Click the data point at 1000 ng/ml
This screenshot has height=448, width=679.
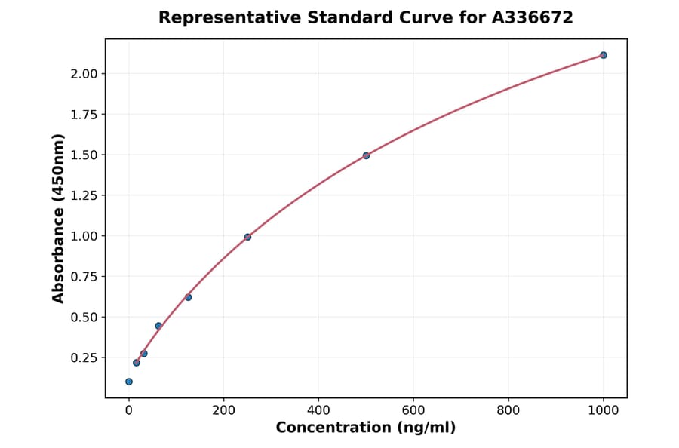[x=604, y=55]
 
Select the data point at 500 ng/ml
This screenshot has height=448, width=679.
[x=366, y=155]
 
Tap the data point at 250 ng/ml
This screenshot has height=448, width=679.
[x=247, y=237]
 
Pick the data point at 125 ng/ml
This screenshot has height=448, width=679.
[x=188, y=297]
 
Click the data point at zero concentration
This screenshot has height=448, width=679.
[x=129, y=382]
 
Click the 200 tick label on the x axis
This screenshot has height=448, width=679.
[x=223, y=411]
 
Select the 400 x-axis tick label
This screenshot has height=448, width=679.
[x=318, y=411]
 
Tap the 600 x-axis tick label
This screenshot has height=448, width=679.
[x=413, y=411]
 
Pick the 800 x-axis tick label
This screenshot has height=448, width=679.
[x=508, y=411]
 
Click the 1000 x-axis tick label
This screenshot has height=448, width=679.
[x=604, y=411]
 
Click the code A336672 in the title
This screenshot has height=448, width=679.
[x=533, y=17]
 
